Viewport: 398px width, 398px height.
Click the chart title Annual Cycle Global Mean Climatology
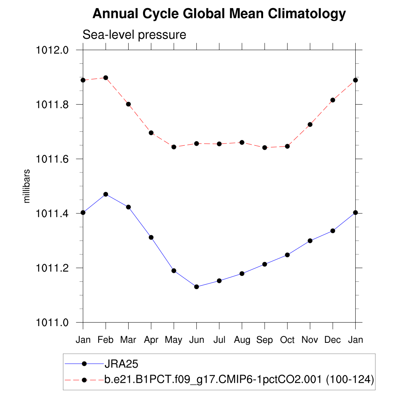coord(219,14)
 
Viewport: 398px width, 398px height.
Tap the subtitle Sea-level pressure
coord(134,35)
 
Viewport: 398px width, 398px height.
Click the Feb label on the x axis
coord(105,340)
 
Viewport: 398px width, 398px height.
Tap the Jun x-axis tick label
coord(196,340)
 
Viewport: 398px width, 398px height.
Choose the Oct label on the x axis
coord(287,340)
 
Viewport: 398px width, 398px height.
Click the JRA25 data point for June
coord(197,287)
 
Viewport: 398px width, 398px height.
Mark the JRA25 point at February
coord(106,194)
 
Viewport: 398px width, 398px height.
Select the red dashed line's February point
coord(106,78)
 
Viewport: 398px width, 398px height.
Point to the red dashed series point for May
coord(174,147)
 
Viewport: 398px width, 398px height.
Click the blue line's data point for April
coord(151,237)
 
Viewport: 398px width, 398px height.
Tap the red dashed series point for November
coord(310,124)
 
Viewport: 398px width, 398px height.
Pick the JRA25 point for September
coord(265,264)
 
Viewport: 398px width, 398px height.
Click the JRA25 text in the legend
coord(122,364)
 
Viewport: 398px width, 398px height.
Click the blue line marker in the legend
coord(84,364)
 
